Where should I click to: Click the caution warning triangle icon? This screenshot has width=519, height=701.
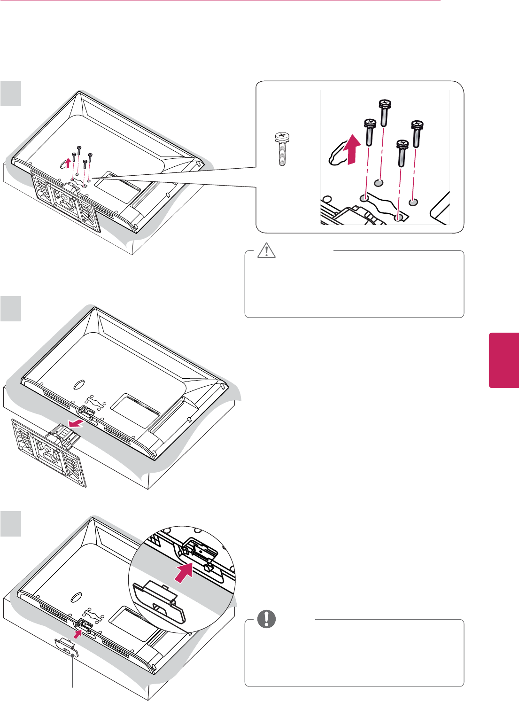(x=267, y=251)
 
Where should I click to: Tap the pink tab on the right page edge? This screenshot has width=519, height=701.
(x=504, y=360)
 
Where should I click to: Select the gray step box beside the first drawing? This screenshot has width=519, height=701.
(x=11, y=93)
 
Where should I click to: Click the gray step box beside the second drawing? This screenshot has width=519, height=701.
(x=11, y=308)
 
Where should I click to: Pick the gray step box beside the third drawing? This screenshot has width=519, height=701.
(x=11, y=524)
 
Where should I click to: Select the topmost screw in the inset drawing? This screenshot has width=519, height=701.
(x=384, y=112)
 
